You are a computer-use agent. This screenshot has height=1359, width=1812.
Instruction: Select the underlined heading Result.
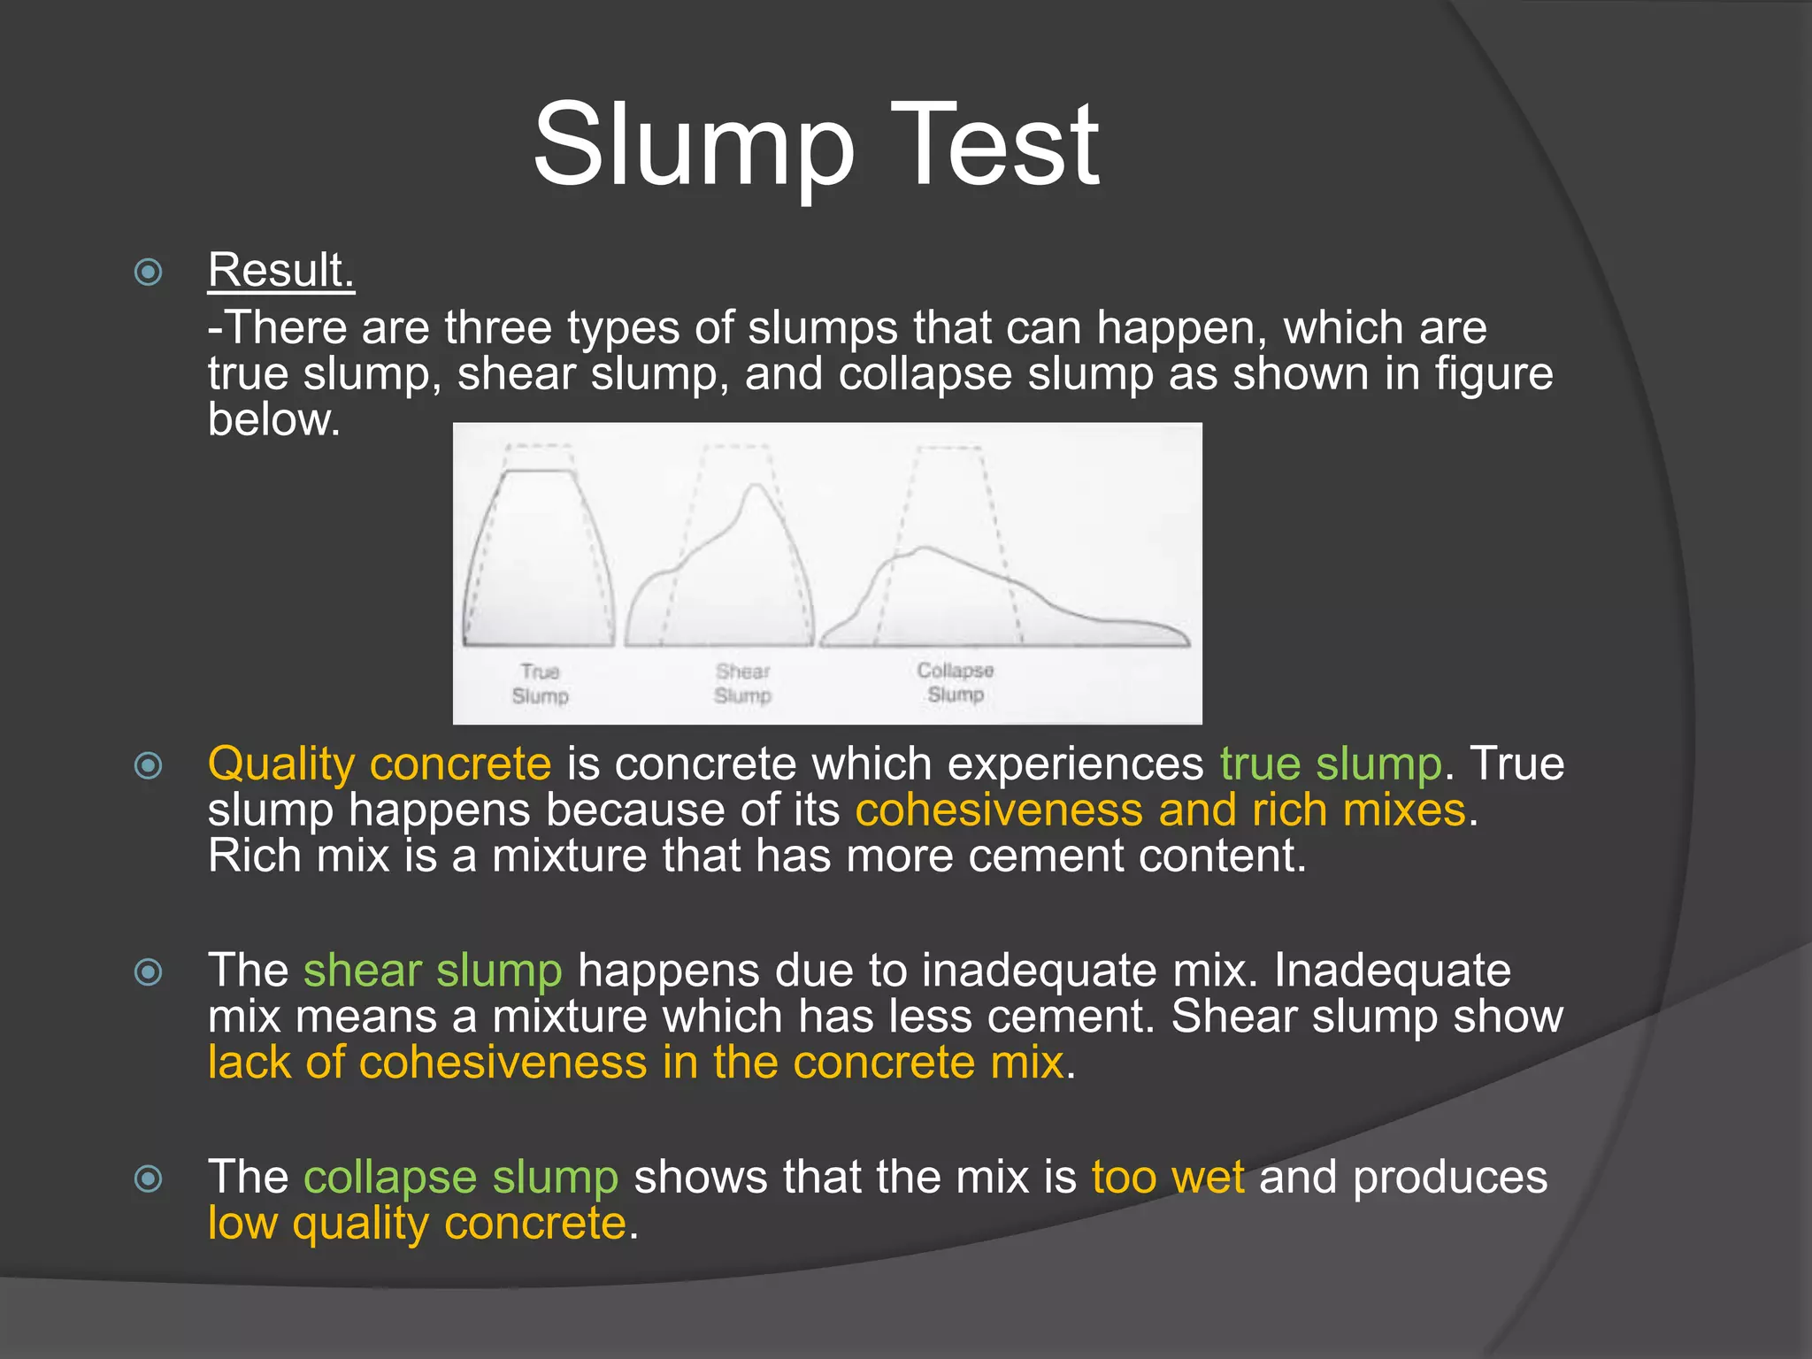point(280,270)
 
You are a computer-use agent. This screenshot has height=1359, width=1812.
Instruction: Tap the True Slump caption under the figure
point(540,684)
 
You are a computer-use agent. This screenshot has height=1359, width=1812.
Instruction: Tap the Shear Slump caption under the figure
point(742,684)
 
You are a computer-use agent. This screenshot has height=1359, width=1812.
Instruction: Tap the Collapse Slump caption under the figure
point(955,682)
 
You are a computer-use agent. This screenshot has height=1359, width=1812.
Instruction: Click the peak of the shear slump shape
point(753,488)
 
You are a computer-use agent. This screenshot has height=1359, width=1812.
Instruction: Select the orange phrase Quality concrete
point(379,764)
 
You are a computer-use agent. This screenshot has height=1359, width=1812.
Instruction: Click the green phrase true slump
point(1331,764)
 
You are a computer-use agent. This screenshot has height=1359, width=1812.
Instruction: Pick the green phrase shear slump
point(433,971)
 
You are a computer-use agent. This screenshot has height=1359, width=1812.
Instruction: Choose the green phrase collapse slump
point(460,1178)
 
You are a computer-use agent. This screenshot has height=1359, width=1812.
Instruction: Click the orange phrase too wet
point(1167,1178)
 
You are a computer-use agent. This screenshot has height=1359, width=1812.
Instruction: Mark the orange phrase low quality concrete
point(417,1224)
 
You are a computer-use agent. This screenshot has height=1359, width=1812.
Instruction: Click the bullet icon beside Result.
point(149,272)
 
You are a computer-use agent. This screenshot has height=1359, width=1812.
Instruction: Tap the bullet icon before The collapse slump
point(149,1179)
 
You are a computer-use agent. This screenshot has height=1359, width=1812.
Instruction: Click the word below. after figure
point(273,419)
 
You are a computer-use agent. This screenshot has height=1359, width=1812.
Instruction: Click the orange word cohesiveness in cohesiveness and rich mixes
point(999,810)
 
